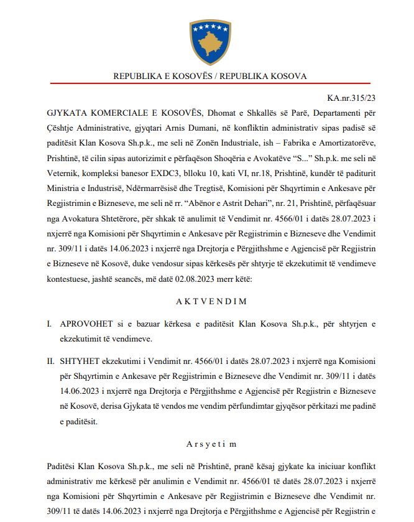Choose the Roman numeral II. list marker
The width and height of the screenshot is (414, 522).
[x=52, y=361]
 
